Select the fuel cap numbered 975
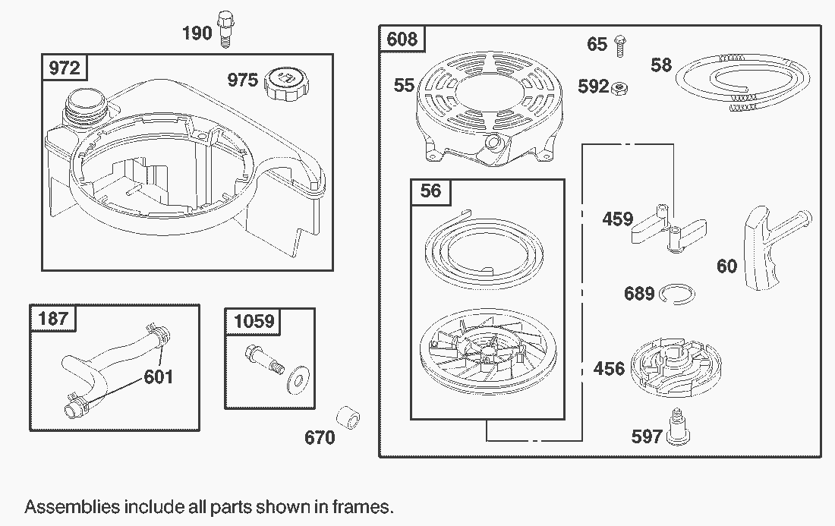tap(288, 83)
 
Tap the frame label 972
tap(65, 68)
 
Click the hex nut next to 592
tap(619, 88)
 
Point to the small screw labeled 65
tap(620, 46)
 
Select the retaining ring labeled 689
tap(677, 294)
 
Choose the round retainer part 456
tap(676, 367)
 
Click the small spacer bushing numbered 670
tap(348, 418)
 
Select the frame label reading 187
tap(53, 318)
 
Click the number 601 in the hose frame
tap(158, 377)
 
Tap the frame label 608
tap(402, 39)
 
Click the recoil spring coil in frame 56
tap(484, 251)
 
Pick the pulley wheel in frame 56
tap(485, 356)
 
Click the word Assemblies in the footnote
tap(72, 506)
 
